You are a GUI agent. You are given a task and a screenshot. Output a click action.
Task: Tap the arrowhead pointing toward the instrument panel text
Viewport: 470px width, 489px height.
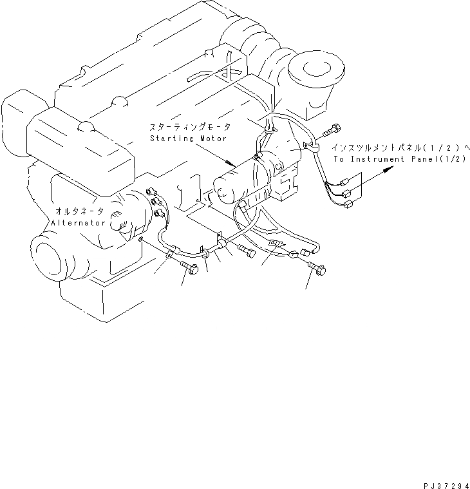[x=388, y=169]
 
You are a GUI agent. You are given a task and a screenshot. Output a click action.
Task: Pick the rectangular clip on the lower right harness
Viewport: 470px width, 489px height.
[x=274, y=245]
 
